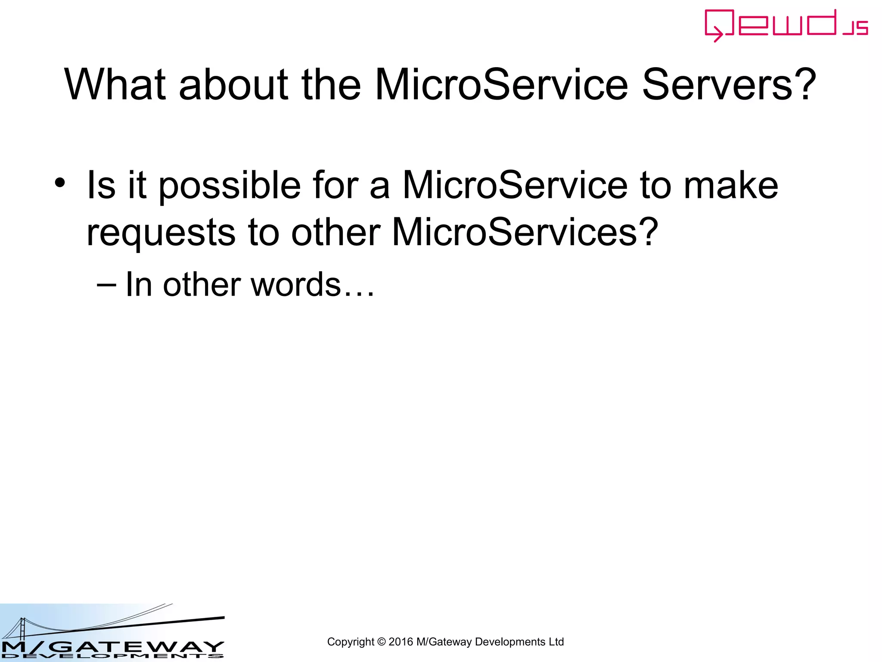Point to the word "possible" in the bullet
(x=230, y=186)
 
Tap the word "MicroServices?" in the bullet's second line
(x=525, y=232)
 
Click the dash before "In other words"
(x=106, y=285)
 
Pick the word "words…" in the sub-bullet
(x=312, y=285)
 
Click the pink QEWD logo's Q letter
(x=718, y=25)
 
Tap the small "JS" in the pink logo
(x=856, y=28)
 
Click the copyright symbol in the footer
(x=381, y=642)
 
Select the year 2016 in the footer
(x=401, y=642)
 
